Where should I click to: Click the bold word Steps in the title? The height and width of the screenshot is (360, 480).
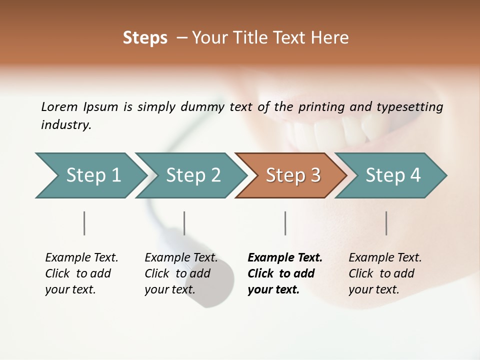145,38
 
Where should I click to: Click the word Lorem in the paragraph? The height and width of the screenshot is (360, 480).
59,106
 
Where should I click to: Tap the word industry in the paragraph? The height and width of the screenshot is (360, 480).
65,125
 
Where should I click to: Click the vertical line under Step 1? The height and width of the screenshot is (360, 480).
84,223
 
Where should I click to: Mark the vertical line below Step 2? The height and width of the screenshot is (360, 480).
184,223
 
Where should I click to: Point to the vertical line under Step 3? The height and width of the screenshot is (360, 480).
285,223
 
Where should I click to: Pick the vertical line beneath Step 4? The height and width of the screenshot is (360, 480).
386,223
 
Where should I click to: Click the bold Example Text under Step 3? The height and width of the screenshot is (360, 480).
285,258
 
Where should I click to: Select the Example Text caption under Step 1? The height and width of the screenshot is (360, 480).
81,258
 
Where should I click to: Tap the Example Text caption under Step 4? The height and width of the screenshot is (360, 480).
385,258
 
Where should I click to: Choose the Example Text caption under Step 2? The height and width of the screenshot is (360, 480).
181,258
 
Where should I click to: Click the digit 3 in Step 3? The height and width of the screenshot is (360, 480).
315,175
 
